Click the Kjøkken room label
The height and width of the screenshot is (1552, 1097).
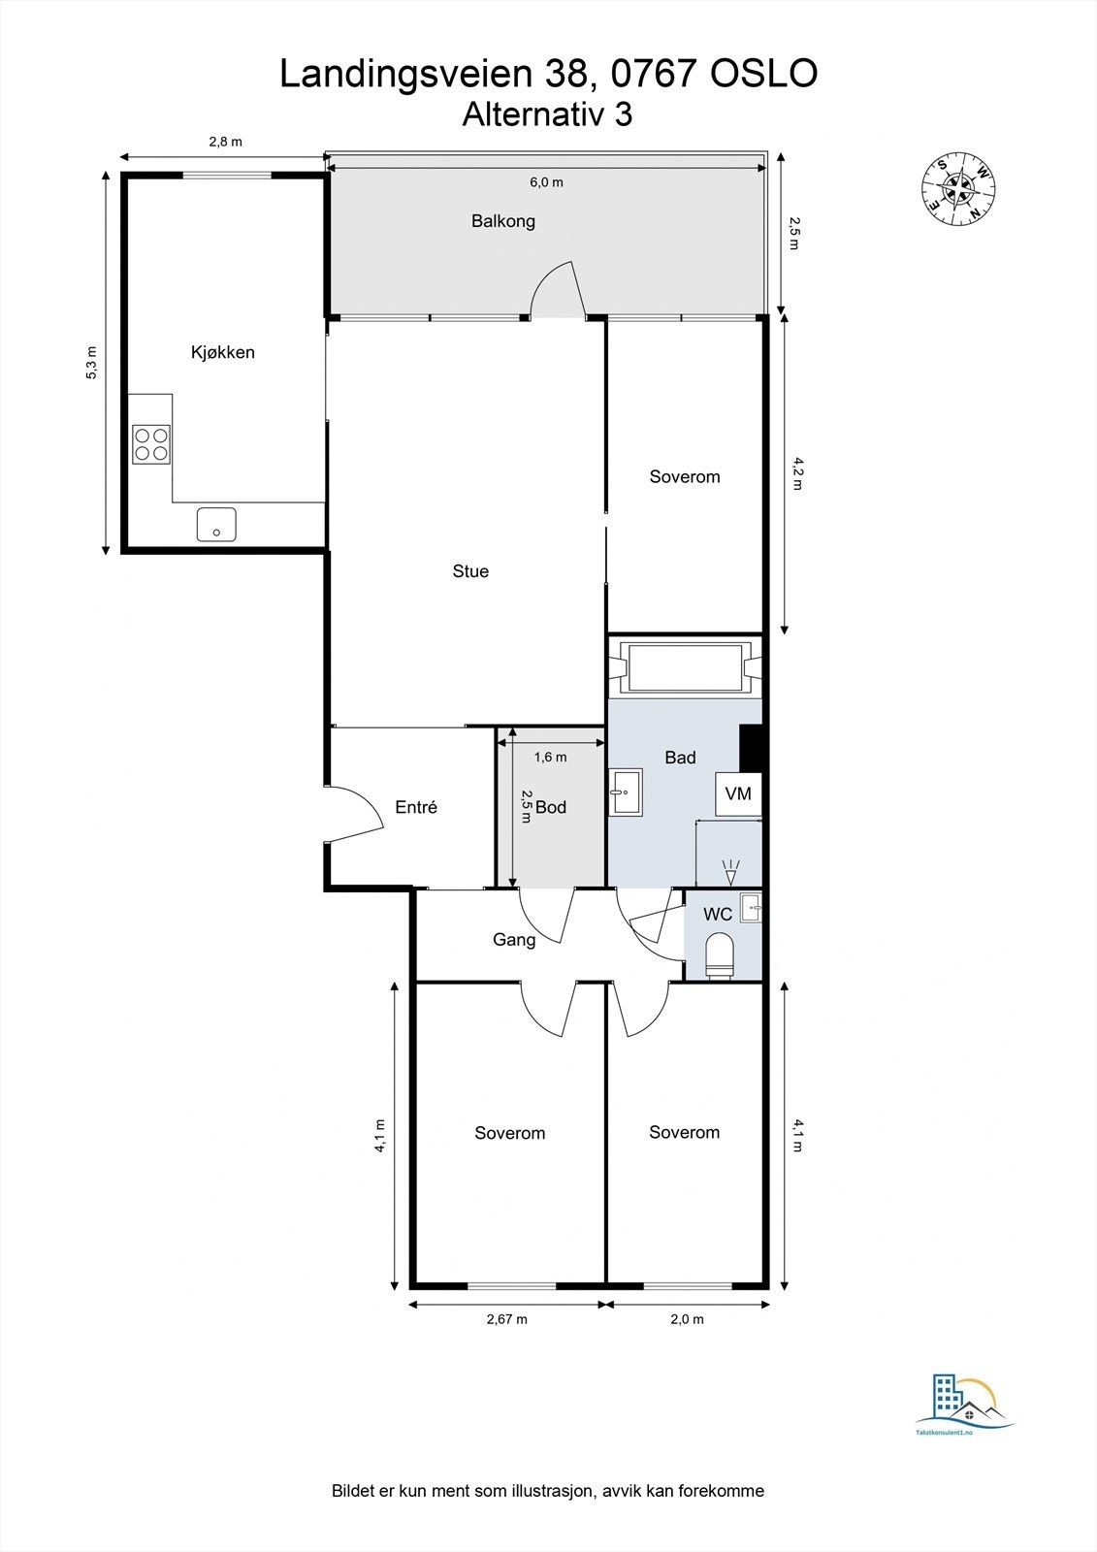[x=222, y=352]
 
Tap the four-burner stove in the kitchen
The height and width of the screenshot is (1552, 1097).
[x=151, y=444]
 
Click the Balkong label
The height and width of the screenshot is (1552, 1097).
[x=502, y=221]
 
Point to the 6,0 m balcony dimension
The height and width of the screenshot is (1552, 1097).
[x=545, y=182]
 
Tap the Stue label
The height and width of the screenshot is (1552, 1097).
[x=470, y=571]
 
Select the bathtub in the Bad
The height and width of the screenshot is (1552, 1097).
[x=686, y=667]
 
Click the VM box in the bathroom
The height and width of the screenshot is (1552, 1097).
[x=738, y=794]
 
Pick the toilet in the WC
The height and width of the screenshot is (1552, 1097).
[x=720, y=955]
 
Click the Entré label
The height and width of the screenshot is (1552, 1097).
[x=416, y=807]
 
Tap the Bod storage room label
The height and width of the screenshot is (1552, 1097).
[x=551, y=807]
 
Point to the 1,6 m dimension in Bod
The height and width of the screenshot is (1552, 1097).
[x=550, y=757]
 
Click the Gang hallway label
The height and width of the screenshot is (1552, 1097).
[x=514, y=940]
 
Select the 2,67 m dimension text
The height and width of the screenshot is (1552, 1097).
[x=505, y=1319]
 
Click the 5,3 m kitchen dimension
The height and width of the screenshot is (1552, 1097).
[x=92, y=362]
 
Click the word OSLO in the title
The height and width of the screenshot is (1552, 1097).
[x=764, y=75]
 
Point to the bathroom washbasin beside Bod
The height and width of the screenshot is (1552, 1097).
[x=626, y=792]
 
